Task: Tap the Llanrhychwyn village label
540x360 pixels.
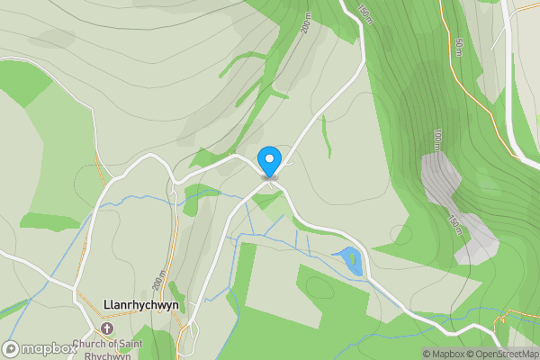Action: [x=139, y=305]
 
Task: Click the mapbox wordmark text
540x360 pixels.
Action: [x=49, y=348]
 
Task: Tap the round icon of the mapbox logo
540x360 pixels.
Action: [x=12, y=348]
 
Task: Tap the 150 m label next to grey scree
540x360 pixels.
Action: [x=457, y=224]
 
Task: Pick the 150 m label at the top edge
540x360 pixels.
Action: [x=363, y=13]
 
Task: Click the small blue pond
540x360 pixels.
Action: [x=351, y=260]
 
